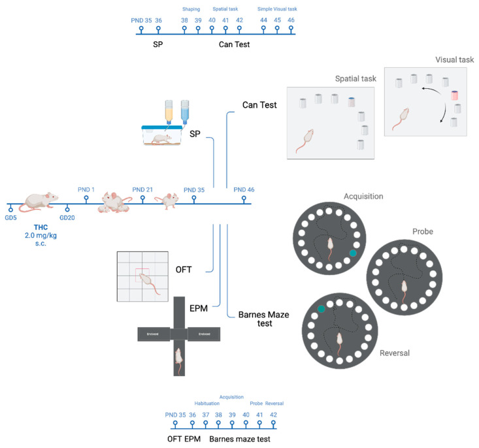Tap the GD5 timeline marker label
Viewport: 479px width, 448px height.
click(x=10, y=216)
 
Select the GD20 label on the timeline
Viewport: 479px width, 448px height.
click(x=68, y=216)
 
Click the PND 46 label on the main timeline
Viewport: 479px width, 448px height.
click(x=244, y=189)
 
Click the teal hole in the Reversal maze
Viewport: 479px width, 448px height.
click(x=322, y=309)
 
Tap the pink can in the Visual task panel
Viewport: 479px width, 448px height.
click(x=455, y=96)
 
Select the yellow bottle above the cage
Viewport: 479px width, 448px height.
click(x=169, y=113)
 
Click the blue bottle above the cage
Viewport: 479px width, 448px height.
click(x=185, y=112)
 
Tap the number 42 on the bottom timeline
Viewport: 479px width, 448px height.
click(x=273, y=415)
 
